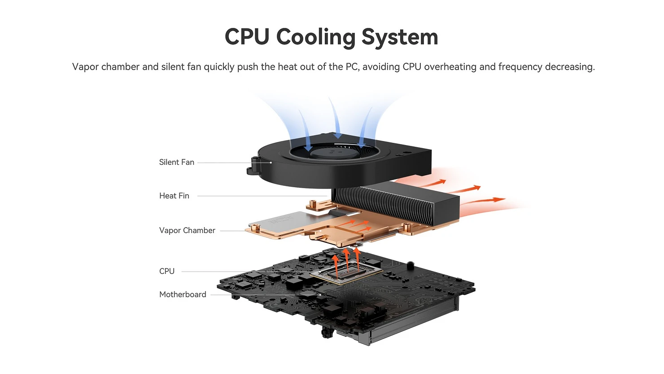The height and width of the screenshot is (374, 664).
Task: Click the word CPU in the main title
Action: click(247, 37)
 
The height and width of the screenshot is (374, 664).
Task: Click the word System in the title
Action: click(400, 37)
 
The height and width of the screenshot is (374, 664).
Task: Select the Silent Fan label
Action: click(176, 162)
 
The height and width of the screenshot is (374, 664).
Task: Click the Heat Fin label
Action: click(174, 196)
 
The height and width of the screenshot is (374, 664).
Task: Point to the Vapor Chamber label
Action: click(187, 230)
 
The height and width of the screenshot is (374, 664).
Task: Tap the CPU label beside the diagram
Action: click(167, 271)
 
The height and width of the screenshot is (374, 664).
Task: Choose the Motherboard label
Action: click(183, 295)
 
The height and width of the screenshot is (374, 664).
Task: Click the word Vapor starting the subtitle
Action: click(85, 67)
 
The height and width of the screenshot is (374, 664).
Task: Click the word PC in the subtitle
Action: click(351, 67)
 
